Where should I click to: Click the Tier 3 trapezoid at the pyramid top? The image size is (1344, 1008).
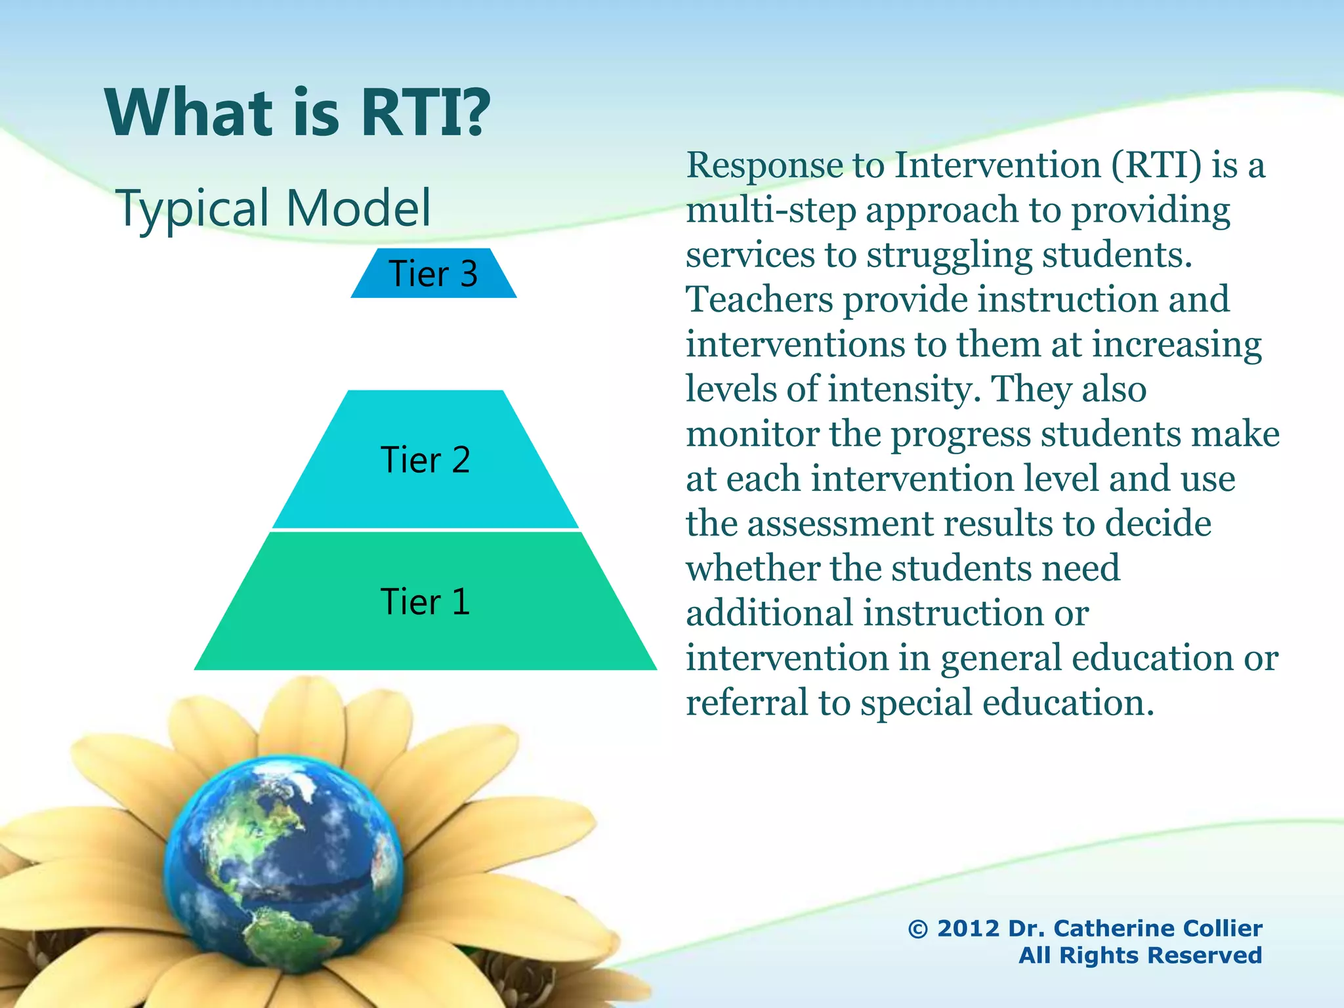coord(433,274)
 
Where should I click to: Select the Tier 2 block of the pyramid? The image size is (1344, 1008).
coord(425,459)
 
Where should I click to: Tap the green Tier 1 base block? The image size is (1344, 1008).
coord(425,601)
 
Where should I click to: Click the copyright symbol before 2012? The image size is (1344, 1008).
coord(917,929)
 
